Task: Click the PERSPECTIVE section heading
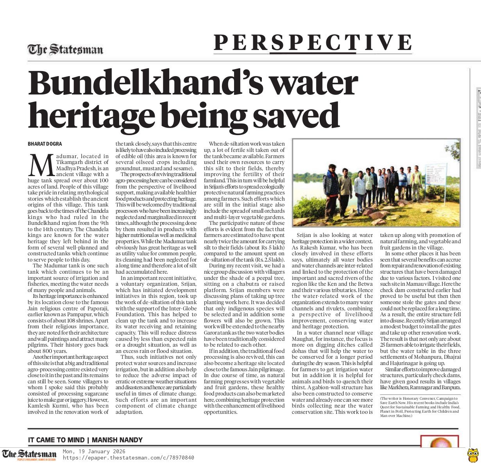point(313,43)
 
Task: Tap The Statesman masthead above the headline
point(65,50)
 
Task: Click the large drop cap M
point(41,165)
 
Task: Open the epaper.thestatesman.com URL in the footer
point(128,458)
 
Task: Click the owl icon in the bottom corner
point(473,454)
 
